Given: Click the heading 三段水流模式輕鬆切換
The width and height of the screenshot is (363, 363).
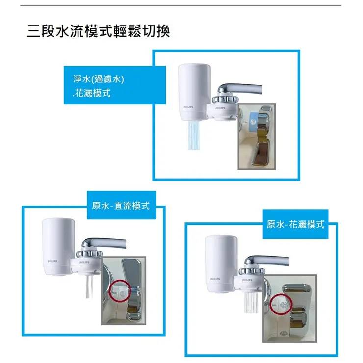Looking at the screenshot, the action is tap(99, 31).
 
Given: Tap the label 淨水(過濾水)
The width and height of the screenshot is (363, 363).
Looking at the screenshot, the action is tap(99, 79).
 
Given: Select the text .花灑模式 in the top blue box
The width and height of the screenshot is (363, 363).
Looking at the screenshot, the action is tap(91, 93).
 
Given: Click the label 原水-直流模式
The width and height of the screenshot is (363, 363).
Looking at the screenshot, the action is tap(121, 206).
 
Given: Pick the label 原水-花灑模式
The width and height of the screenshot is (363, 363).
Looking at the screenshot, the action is tap(295, 224).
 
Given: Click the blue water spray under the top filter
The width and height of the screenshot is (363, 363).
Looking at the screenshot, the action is tap(194, 135).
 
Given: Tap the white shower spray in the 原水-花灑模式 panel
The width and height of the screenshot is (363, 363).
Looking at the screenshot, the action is tap(252, 302).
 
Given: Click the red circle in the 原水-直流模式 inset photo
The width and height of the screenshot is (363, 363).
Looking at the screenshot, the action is tap(120, 291).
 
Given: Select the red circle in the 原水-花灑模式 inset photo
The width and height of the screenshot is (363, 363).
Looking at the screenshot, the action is tap(282, 305).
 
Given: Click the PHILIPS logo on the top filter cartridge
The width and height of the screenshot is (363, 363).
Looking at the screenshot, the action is tap(188, 107).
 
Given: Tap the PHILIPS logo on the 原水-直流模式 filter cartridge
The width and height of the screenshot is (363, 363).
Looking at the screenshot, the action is tap(52, 261).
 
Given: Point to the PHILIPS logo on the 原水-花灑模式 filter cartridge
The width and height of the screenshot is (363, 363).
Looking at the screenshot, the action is tap(215, 279).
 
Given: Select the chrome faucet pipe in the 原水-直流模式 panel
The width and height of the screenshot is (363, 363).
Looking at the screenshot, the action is tap(104, 243).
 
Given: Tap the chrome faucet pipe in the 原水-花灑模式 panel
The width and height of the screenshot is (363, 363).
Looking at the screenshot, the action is tap(266, 260).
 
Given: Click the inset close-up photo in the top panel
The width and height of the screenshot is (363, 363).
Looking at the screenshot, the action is tap(257, 136).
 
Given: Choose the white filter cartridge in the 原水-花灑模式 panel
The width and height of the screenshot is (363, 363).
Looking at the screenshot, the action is tap(221, 264).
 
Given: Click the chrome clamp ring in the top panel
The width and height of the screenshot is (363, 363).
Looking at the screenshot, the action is tap(225, 99).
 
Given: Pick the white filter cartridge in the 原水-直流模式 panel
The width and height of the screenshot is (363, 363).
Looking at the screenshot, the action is tap(58, 247).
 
